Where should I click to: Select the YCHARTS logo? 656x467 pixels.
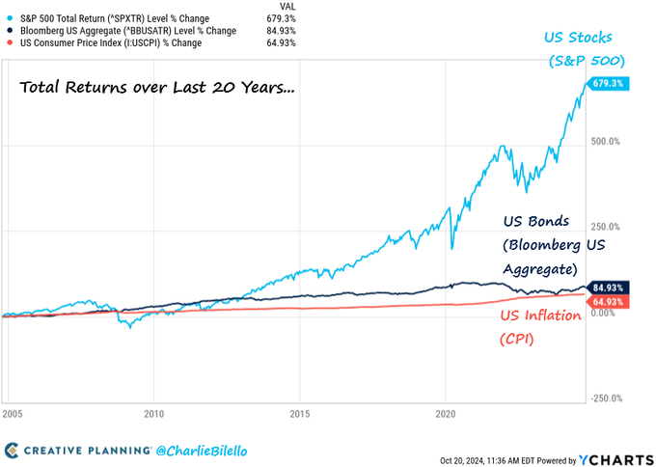615,457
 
